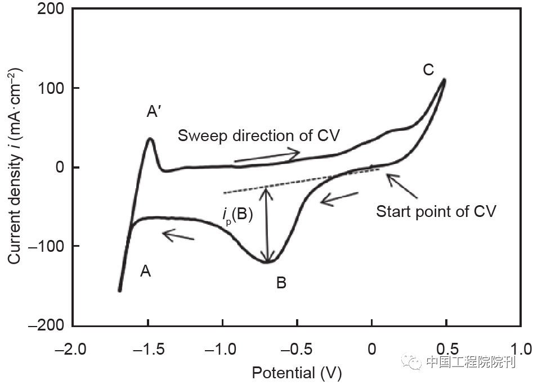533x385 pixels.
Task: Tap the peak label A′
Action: click(154, 113)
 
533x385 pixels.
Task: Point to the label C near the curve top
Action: click(428, 70)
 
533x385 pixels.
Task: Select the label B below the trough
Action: click(281, 283)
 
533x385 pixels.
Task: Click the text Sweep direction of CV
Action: click(259, 136)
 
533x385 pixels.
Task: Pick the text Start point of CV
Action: click(436, 211)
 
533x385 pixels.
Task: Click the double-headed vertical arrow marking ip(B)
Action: click(268, 225)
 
